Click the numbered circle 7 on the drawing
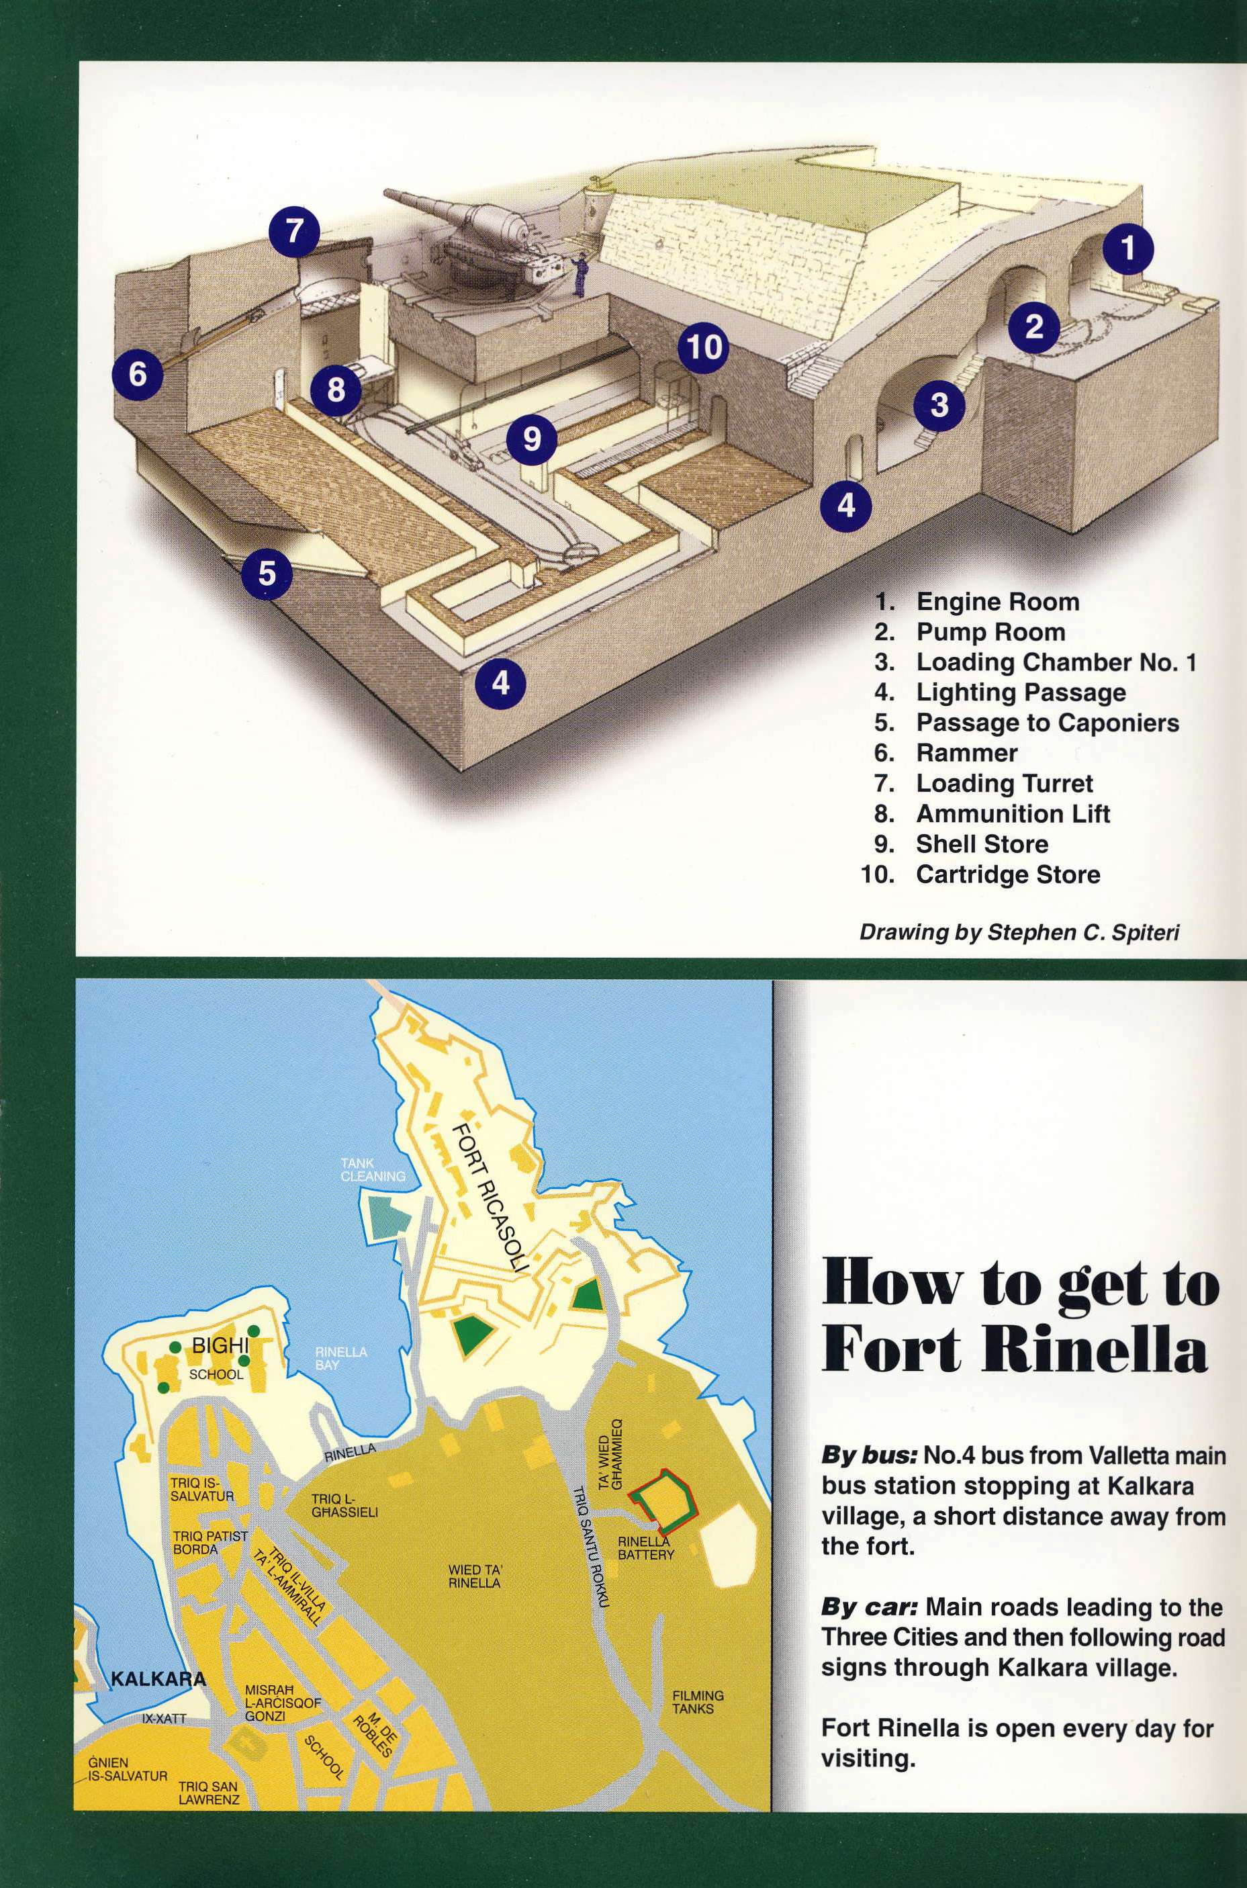click(294, 230)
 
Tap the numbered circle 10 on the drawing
click(704, 347)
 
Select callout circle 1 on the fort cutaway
click(1127, 249)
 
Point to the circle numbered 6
click(138, 372)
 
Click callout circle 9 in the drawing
click(532, 437)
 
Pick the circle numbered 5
click(267, 572)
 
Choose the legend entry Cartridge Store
click(980, 874)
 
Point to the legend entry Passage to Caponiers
click(1027, 722)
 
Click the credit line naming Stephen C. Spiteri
click(1019, 932)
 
